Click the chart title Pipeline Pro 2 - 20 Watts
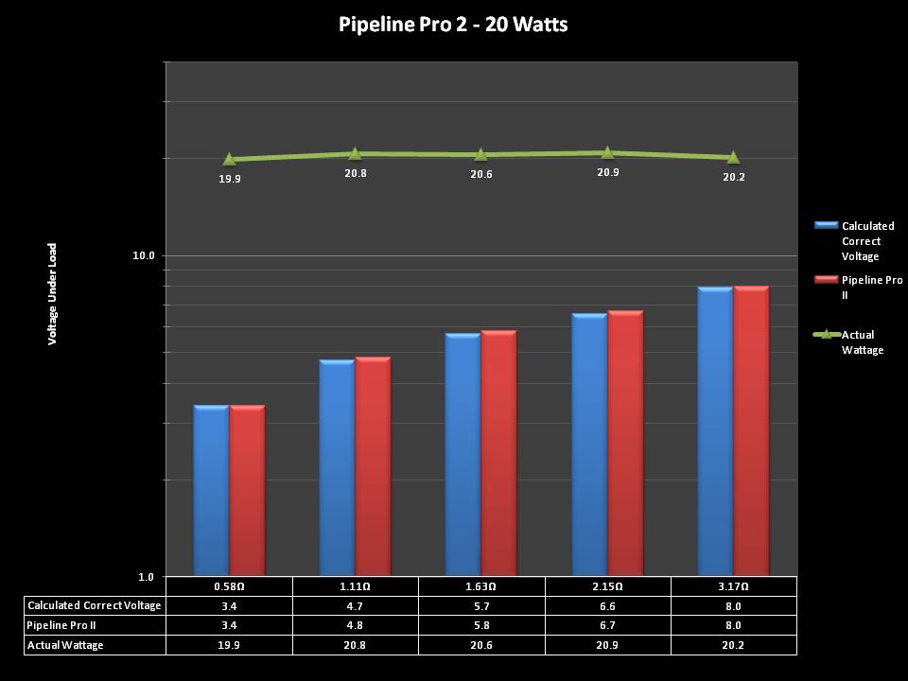tap(453, 25)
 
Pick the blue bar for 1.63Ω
tap(463, 454)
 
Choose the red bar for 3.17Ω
tap(751, 430)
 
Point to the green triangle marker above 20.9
tap(607, 152)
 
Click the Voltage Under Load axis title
tap(53, 292)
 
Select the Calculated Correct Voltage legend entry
tap(866, 241)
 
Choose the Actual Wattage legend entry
tap(862, 341)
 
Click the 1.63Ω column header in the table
tap(481, 587)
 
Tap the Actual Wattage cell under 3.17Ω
tap(733, 645)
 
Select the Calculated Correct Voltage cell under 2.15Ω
tap(607, 606)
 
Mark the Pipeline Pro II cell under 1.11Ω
tap(356, 625)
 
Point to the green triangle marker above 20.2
tap(733, 157)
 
